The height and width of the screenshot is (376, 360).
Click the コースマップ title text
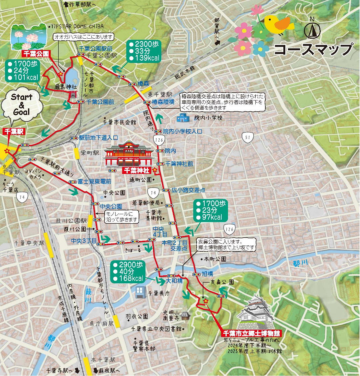click(x=313, y=49)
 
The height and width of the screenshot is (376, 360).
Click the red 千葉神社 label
click(x=138, y=170)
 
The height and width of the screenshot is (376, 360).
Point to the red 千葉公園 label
click(x=36, y=53)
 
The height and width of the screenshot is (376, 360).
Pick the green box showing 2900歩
click(x=128, y=271)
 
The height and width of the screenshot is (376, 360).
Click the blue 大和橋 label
click(x=175, y=281)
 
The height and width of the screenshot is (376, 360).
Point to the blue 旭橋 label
click(x=207, y=274)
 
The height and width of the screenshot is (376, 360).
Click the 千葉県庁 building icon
click(x=140, y=293)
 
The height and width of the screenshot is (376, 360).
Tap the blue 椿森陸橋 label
click(x=163, y=102)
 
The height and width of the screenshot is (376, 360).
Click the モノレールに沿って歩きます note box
click(x=122, y=216)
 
